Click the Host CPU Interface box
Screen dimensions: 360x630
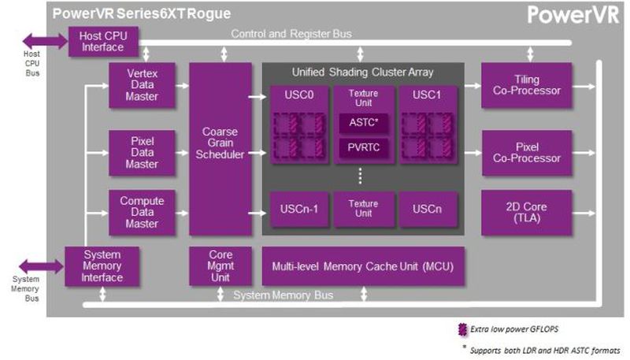[103, 41]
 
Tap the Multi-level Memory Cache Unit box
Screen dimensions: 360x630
[363, 266]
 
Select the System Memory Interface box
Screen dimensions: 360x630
[102, 266]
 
